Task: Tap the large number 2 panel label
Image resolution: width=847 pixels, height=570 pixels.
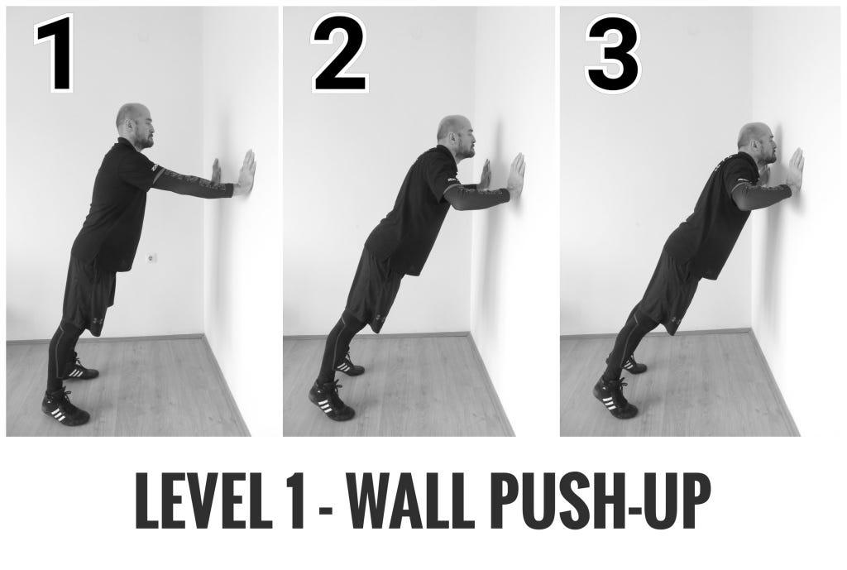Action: tap(340, 53)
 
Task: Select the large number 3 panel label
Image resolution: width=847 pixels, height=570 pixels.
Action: tap(613, 53)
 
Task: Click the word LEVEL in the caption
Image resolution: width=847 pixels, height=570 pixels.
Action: tap(203, 501)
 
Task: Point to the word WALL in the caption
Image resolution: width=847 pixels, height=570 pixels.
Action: tap(410, 501)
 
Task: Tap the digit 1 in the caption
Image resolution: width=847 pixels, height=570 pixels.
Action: tap(296, 501)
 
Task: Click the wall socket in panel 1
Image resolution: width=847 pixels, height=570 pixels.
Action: tap(151, 258)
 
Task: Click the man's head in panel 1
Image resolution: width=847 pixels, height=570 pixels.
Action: tap(135, 126)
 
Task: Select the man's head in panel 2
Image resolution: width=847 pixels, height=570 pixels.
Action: tap(457, 136)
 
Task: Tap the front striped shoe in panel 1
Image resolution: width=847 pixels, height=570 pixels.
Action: tap(65, 407)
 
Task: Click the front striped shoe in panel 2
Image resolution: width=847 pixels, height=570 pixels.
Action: tap(331, 401)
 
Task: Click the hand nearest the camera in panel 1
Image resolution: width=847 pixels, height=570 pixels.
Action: tap(246, 172)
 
